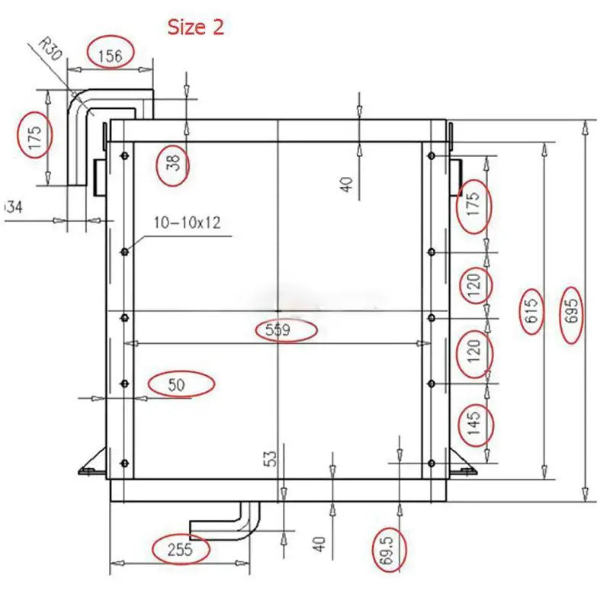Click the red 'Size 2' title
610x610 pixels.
[196, 27]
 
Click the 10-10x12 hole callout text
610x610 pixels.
[187, 223]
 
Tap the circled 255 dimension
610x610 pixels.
[181, 550]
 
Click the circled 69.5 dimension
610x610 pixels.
[390, 551]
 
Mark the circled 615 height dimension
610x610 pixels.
[532, 311]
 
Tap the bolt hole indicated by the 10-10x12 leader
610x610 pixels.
[124, 251]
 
